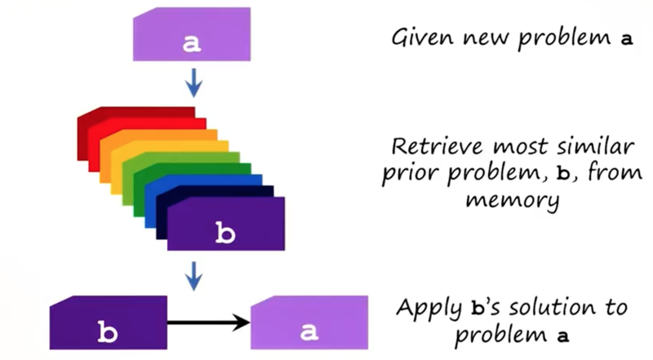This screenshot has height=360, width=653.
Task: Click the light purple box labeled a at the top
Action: coord(192,34)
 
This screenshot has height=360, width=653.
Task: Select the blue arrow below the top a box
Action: coord(193,83)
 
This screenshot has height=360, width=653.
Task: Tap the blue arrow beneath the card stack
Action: coord(193,276)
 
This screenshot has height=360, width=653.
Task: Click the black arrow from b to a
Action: coord(208,322)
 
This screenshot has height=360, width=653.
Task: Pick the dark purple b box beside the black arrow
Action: coord(109,322)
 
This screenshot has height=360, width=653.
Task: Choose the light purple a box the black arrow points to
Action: coord(309,322)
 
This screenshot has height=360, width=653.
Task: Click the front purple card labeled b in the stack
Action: coord(226,224)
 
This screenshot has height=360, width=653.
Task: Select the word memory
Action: coord(513,199)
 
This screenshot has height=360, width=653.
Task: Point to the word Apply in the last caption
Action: coord(429,309)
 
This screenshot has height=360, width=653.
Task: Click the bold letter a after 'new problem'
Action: coord(627,39)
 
